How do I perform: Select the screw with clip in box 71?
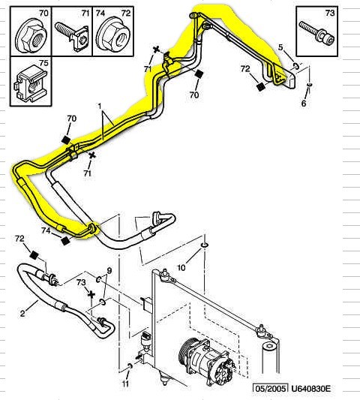tap(72, 36)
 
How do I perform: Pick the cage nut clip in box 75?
tap(31, 82)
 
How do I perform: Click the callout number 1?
tap(99, 105)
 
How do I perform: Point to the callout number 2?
tap(22, 313)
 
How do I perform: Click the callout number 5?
tap(280, 47)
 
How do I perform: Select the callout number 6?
tap(304, 104)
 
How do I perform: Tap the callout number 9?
tap(109, 270)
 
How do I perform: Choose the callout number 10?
tap(181, 268)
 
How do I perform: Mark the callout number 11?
tap(125, 383)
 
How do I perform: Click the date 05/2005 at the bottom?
tap(271, 389)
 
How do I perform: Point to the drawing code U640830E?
tap(310, 389)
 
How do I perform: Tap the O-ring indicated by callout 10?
tap(205, 245)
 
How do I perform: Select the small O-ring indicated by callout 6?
tap(310, 85)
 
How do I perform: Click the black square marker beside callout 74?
tap(66, 240)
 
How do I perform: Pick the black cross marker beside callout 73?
tap(91, 295)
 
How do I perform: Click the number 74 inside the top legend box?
tap(100, 13)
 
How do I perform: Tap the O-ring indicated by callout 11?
tap(130, 366)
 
